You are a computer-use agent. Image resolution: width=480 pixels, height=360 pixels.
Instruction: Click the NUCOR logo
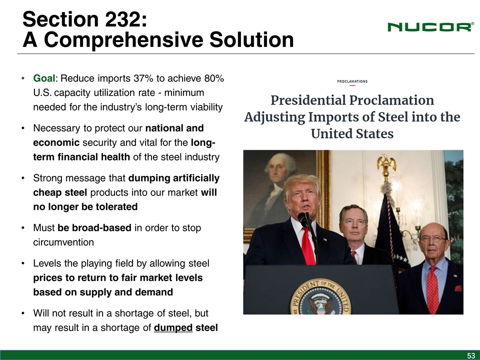pyautogui.click(x=430, y=27)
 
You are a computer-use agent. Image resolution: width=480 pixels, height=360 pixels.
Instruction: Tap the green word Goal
pyautogui.click(x=44, y=78)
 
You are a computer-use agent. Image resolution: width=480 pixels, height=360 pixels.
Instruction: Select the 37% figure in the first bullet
pyautogui.click(x=143, y=78)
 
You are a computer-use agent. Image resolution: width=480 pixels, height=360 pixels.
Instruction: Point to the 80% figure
pyautogui.click(x=214, y=78)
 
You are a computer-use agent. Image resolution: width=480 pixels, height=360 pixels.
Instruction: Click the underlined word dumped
pyautogui.click(x=173, y=328)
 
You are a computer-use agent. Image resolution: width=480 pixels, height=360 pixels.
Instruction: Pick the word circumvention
pyautogui.click(x=63, y=242)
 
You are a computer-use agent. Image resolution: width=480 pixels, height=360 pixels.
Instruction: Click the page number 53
pyautogui.click(x=471, y=355)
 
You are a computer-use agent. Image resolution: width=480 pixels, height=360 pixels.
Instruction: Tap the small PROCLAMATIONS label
pyautogui.click(x=352, y=81)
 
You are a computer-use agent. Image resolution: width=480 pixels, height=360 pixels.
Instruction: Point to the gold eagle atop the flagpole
pyautogui.click(x=386, y=164)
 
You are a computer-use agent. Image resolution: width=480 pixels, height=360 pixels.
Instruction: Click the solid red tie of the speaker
pyautogui.click(x=308, y=246)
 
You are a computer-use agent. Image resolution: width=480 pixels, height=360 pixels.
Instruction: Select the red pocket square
pyautogui.click(x=458, y=288)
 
